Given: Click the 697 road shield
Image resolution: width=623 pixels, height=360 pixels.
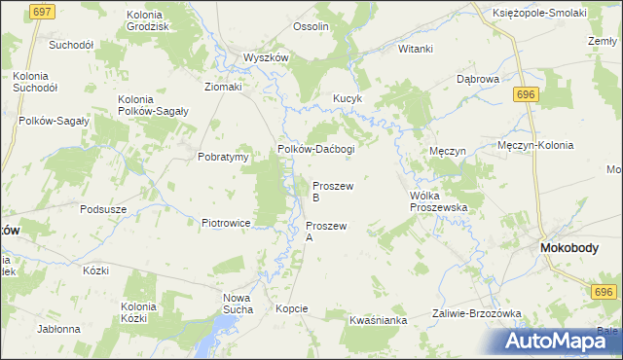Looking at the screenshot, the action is coord(41,12).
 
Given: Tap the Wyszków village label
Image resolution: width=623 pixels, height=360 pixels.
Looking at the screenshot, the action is coord(266,57).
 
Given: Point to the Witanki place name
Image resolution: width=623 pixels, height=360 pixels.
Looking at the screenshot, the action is coord(415,49).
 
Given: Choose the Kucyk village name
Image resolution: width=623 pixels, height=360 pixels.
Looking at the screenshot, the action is coord(348,99).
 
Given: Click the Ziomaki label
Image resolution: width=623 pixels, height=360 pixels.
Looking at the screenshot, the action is coord(222,87).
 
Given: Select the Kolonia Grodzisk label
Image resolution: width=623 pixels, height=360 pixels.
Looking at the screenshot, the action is coord(151,21).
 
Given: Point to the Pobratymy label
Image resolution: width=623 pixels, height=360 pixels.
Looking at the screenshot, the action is coord(225,157).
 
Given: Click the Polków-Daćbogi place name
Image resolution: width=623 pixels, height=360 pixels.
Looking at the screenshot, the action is coord(316,149).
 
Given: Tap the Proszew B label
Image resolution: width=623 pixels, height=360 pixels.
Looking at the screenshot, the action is coord(333,191).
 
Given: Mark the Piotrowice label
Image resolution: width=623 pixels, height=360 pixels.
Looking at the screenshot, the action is coord(227,223).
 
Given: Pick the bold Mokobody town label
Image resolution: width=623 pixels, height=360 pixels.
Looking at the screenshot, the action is coord(569,248).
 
